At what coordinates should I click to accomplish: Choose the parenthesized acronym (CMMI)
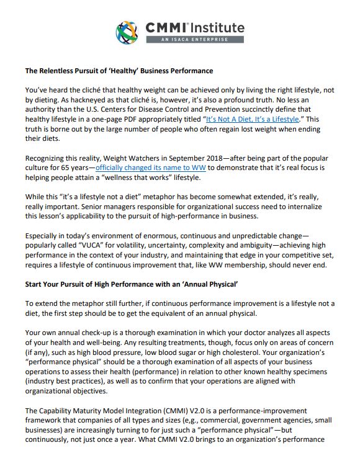176,411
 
